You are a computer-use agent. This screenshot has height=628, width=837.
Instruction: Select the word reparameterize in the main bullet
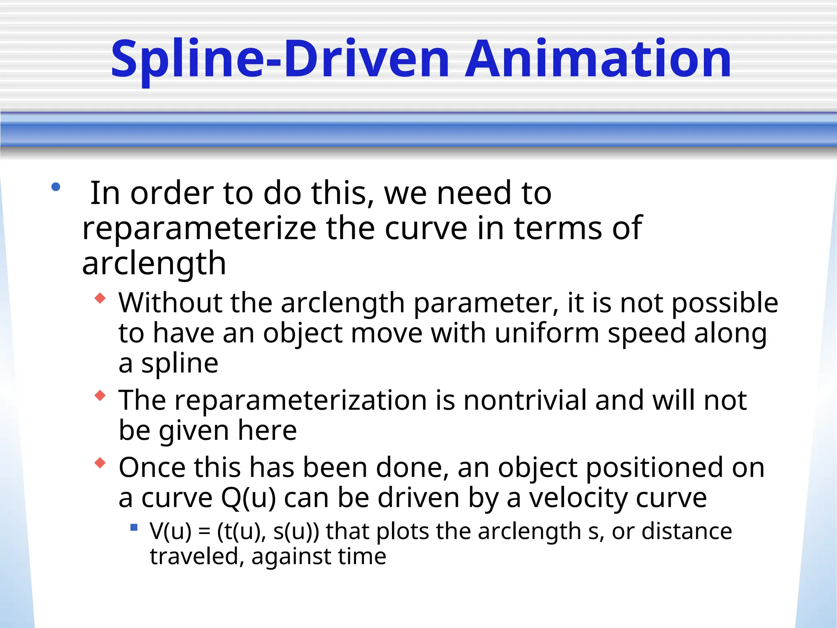pyautogui.click(x=199, y=228)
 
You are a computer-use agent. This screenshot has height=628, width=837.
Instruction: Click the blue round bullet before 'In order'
pyautogui.click(x=56, y=188)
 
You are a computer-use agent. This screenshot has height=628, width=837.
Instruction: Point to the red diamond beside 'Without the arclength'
pyautogui.click(x=100, y=298)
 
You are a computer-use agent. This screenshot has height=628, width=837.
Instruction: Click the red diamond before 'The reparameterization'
pyautogui.click(x=100, y=395)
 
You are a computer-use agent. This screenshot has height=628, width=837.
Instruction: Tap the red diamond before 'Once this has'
pyautogui.click(x=100, y=463)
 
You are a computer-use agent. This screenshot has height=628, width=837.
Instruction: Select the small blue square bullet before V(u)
pyautogui.click(x=134, y=527)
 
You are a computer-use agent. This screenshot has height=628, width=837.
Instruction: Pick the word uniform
pyautogui.click(x=546, y=333)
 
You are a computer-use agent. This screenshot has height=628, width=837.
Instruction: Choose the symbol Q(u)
pyautogui.click(x=248, y=498)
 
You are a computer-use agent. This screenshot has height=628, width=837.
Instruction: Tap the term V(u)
pyautogui.click(x=170, y=532)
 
